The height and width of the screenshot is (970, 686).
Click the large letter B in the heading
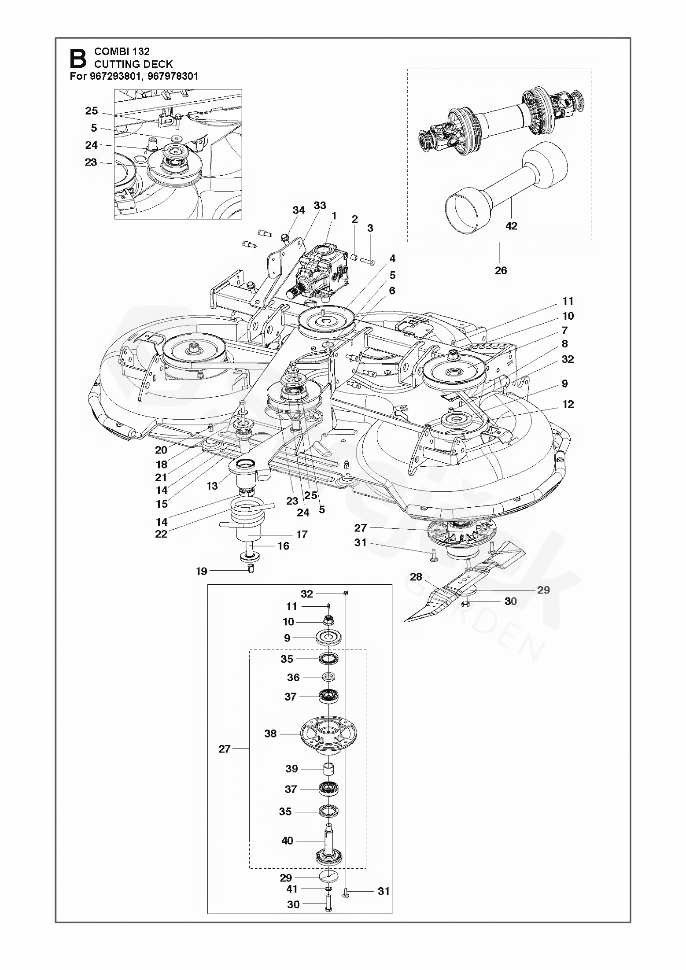(78, 59)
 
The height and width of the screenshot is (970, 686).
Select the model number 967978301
(173, 76)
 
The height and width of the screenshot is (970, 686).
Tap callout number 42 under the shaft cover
(511, 226)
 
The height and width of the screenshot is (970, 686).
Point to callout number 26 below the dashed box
(501, 270)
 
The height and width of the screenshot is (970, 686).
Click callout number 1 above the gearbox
(334, 216)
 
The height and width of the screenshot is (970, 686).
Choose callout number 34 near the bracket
(299, 210)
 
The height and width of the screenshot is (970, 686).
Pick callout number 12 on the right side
(568, 404)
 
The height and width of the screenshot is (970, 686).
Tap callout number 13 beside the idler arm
(212, 486)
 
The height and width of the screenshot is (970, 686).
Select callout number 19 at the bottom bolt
(201, 571)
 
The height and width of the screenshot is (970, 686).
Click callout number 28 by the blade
(416, 576)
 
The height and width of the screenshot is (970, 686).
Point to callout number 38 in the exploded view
(270, 733)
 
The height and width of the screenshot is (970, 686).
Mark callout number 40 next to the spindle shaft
(287, 841)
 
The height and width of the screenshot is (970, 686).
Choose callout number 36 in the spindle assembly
(293, 677)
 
